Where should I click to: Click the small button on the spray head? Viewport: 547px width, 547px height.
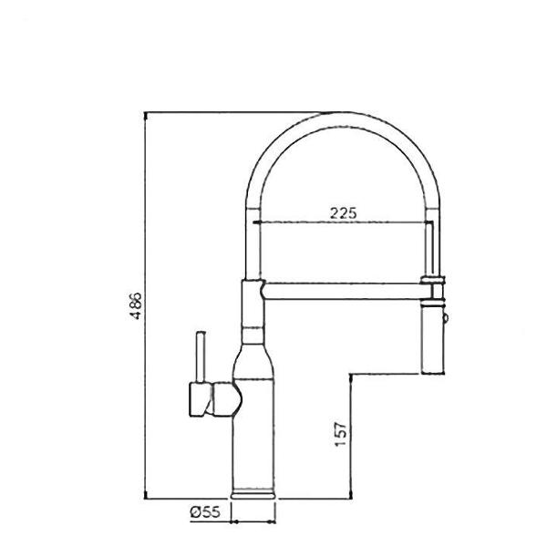pos(446,318)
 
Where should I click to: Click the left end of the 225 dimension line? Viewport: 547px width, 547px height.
pos(256,222)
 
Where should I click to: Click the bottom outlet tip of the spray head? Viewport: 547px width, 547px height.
pos(434,371)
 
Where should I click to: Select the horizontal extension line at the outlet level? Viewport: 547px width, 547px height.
pos(392,374)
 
